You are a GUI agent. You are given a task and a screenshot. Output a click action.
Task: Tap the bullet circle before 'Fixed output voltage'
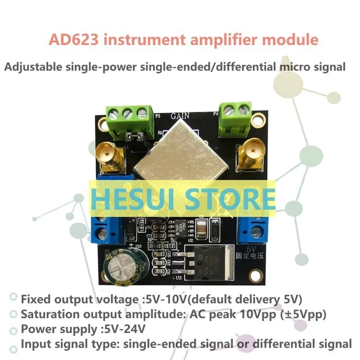(x=12, y=298)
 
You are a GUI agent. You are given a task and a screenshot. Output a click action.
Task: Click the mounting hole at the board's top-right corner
(x=259, y=120)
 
